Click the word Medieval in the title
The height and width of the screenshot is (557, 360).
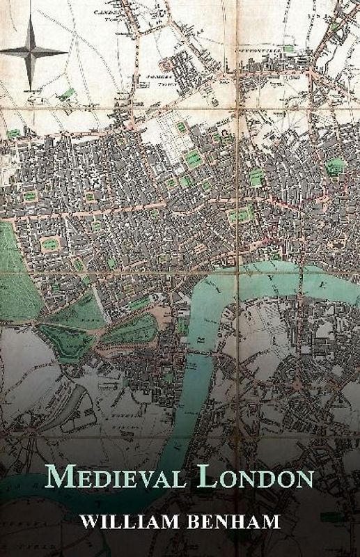[111, 479]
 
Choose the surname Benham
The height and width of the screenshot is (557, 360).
[241, 521]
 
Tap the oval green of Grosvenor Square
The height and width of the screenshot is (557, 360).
[49, 244]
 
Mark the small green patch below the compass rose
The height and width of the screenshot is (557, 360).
[68, 93]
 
